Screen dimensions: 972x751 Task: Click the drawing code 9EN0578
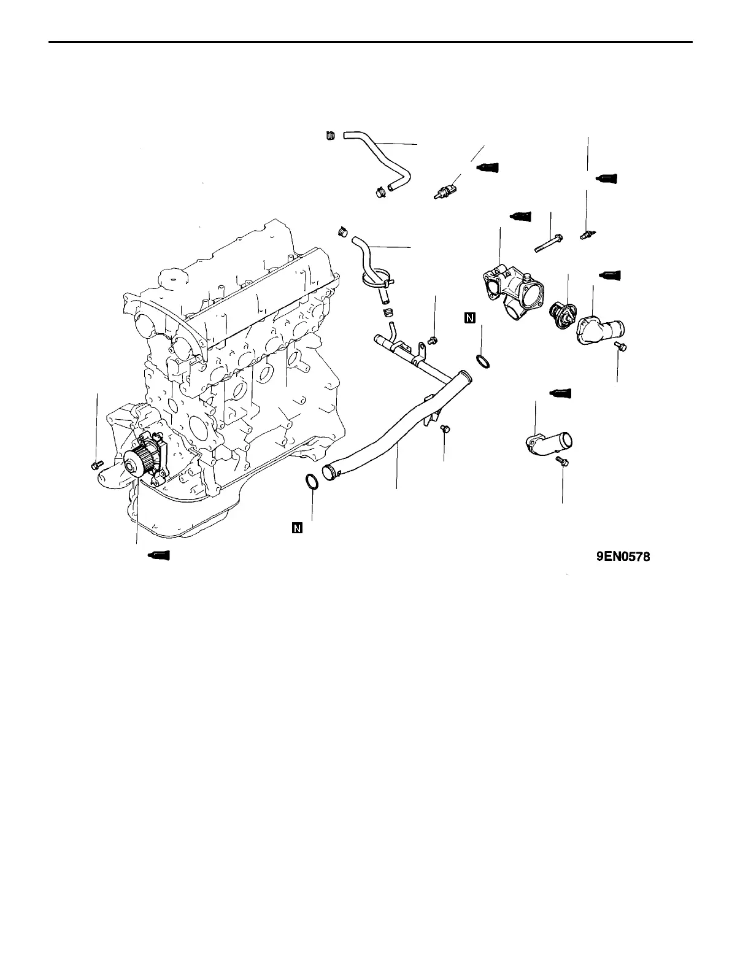click(623, 557)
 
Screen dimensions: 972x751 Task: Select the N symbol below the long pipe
click(298, 528)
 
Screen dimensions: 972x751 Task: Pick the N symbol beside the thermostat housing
click(469, 317)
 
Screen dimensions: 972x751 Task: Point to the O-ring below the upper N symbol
click(482, 361)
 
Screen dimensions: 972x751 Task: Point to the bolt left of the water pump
click(94, 466)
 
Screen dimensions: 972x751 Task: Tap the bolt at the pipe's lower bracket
click(445, 428)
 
